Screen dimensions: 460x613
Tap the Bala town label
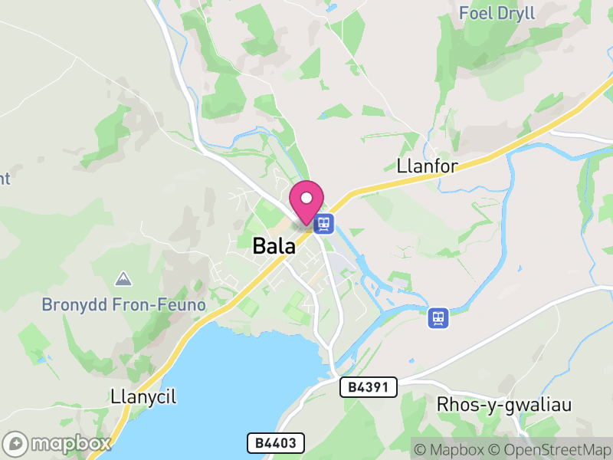274,246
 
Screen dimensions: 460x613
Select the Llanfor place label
427,166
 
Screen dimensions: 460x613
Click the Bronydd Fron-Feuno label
123,304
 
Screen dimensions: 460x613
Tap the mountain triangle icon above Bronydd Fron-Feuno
123,278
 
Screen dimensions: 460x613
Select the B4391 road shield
368,388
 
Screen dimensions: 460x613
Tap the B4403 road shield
276,442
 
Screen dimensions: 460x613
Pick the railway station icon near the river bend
438,317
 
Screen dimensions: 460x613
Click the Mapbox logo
57,443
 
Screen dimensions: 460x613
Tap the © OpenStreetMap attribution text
551,449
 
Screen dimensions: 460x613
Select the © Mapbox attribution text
451,449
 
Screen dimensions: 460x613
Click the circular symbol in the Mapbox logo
16,443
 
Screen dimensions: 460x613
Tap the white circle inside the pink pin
306,198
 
